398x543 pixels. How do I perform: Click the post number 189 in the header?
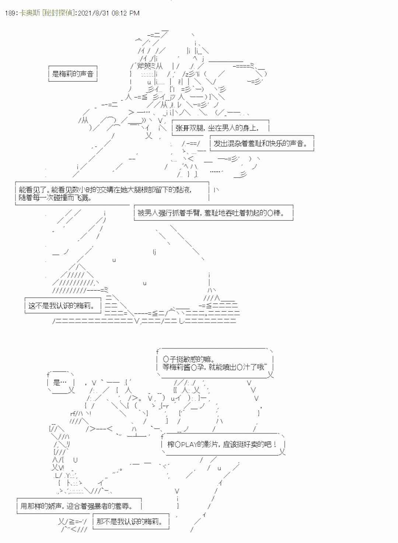pos(10,13)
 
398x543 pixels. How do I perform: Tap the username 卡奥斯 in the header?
pos(29,13)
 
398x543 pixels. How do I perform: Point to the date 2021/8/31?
pos(93,13)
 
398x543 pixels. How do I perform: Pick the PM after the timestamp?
pos(135,13)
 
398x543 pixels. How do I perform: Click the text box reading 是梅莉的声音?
pos(73,74)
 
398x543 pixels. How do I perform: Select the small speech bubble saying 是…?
pos(60,382)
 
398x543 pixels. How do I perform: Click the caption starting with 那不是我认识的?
pos(129,521)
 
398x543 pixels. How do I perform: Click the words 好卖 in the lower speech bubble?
pos(255,444)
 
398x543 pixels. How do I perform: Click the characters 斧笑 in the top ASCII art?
pos(144,66)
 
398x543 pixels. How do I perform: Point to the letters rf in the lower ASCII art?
pos(73,414)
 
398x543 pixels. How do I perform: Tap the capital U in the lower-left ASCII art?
pos(75,460)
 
